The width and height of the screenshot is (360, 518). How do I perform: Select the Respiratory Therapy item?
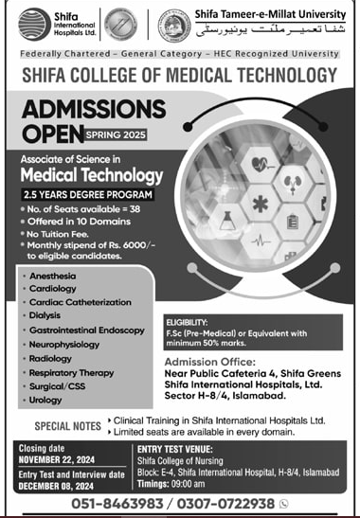[78, 373]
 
